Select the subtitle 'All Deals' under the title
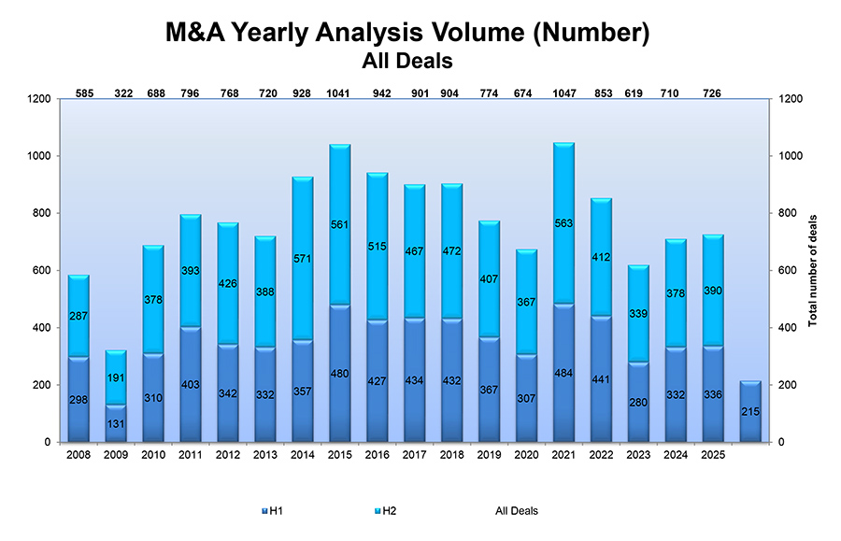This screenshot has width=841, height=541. (407, 62)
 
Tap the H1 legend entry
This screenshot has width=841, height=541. (273, 511)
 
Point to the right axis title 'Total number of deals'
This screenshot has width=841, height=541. (813, 270)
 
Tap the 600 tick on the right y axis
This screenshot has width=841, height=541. (784, 271)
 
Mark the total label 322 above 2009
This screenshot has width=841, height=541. (122, 93)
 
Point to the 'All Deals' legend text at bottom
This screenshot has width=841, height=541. (516, 511)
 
